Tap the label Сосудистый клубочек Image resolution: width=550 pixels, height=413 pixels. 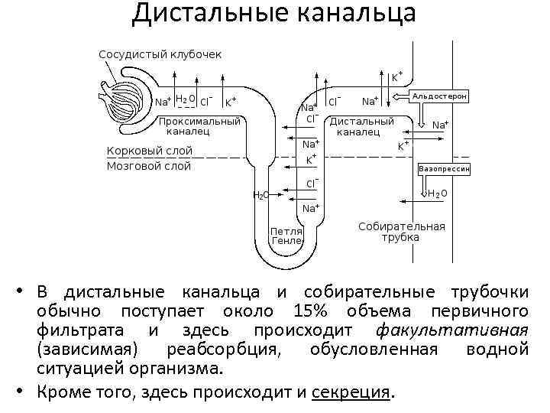(x=160, y=54)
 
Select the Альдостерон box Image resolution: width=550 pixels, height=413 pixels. (x=440, y=97)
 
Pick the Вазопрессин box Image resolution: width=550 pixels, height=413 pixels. (x=444, y=167)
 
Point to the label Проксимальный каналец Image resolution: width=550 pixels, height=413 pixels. (x=199, y=126)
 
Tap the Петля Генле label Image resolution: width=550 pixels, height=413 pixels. (x=287, y=235)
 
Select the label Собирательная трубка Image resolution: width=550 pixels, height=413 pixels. (x=401, y=232)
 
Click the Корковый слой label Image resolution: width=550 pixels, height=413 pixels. (x=150, y=151)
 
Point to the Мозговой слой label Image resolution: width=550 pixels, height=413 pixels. (x=149, y=166)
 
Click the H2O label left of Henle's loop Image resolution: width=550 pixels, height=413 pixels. (x=260, y=195)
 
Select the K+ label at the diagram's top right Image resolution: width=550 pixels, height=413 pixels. (x=397, y=76)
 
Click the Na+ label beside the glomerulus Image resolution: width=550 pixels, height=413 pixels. (x=163, y=101)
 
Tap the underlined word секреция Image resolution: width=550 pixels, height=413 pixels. (x=351, y=392)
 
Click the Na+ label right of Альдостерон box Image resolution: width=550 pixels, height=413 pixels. (x=441, y=125)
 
